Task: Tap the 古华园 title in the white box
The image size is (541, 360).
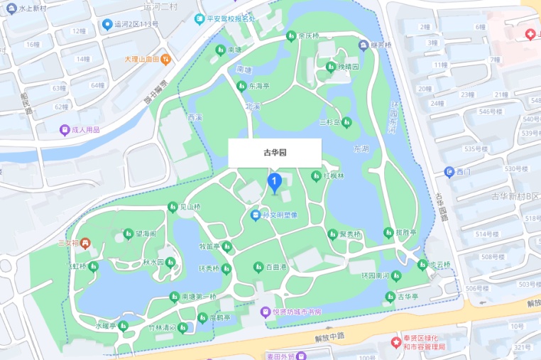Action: (x=274, y=153)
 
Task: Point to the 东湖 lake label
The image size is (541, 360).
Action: (x=361, y=149)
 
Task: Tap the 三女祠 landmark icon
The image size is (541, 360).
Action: (x=86, y=243)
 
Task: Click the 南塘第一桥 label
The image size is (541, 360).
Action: (x=198, y=296)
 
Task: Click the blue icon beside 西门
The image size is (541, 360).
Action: (x=449, y=172)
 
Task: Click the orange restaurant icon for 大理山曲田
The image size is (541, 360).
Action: (x=165, y=58)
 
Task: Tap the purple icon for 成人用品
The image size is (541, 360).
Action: (x=65, y=130)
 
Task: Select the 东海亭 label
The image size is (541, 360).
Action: (x=259, y=86)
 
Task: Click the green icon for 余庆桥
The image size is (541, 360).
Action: (x=290, y=36)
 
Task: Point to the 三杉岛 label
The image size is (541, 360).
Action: (x=330, y=122)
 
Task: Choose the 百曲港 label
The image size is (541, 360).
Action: (x=275, y=267)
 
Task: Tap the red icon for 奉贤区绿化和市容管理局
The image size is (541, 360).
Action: (x=396, y=342)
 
